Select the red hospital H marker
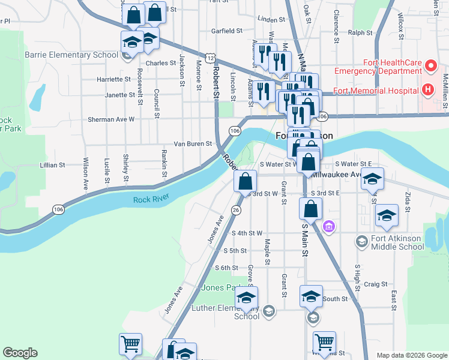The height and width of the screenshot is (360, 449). click(x=427, y=91)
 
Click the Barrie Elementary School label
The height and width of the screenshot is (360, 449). click(x=71, y=55)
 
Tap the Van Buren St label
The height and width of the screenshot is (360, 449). click(x=193, y=144)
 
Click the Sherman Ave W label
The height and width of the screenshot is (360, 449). click(x=111, y=119)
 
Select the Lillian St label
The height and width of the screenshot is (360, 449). click(x=52, y=165)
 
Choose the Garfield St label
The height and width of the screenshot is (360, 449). click(x=226, y=31)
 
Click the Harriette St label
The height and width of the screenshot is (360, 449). click(x=113, y=79)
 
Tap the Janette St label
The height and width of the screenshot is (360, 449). click(x=116, y=95)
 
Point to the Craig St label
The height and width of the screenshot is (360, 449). click(x=375, y=284)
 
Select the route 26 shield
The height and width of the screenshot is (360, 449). click(x=236, y=209)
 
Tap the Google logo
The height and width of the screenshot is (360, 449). click(x=20, y=353)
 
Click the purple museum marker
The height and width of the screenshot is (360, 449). click(x=328, y=227)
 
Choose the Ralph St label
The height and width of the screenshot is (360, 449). click(x=360, y=33)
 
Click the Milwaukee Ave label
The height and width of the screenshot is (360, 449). click(x=337, y=175)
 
